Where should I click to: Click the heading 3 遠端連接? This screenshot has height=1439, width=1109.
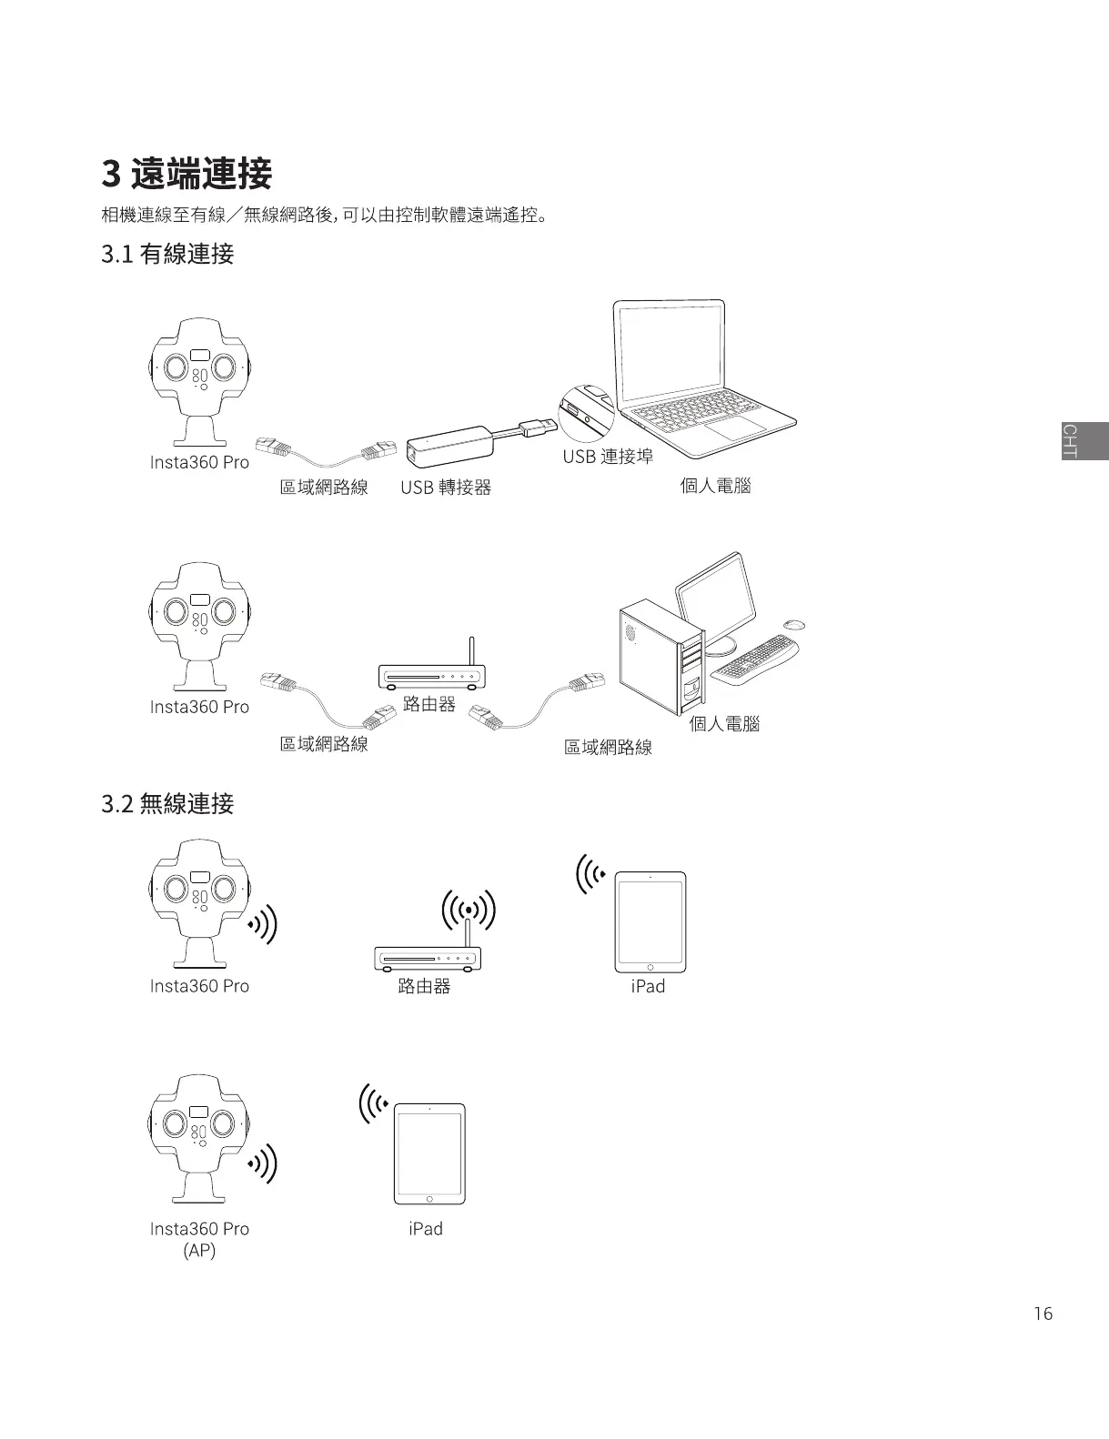[x=187, y=173]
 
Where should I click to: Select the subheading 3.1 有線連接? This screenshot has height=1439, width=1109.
[x=167, y=254]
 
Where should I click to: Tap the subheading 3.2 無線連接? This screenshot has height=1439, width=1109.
[x=167, y=803]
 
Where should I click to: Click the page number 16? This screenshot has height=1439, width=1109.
[x=1043, y=1313]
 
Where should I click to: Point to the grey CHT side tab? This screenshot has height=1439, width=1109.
[x=1084, y=441]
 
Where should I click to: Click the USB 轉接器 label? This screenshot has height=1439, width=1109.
[x=446, y=488]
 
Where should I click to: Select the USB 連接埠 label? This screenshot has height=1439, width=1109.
[x=607, y=456]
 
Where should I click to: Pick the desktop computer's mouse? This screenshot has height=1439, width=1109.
[x=794, y=624]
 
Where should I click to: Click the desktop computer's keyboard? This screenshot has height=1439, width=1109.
[x=755, y=659]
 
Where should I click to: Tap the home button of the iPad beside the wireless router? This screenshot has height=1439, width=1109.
[x=650, y=967]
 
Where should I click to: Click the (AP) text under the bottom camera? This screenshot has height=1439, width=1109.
[x=199, y=1250]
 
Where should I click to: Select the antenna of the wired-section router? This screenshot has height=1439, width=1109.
[x=471, y=651]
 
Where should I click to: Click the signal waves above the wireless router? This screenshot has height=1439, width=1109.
[x=468, y=910]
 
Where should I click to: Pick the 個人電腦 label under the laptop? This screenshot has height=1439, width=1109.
[x=715, y=485]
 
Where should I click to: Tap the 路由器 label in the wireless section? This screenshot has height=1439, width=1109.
[x=424, y=986]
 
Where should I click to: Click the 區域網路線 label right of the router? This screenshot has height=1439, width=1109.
[x=608, y=747]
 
